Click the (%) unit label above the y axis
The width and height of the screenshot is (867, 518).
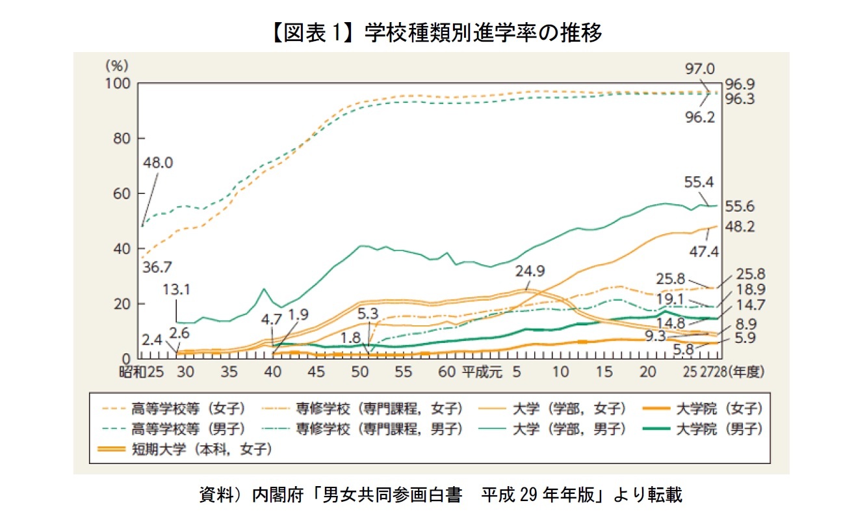pyautogui.click(x=117, y=65)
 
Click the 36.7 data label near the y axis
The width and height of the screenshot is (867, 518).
pyautogui.click(x=156, y=267)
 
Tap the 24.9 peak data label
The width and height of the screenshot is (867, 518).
pyautogui.click(x=532, y=270)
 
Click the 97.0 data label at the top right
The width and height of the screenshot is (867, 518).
pyautogui.click(x=701, y=69)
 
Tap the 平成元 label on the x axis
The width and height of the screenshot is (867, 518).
pyautogui.click(x=480, y=374)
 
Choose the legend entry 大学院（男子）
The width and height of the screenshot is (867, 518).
pyautogui.click(x=718, y=429)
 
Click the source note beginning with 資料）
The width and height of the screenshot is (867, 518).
pyautogui.click(x=433, y=495)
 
